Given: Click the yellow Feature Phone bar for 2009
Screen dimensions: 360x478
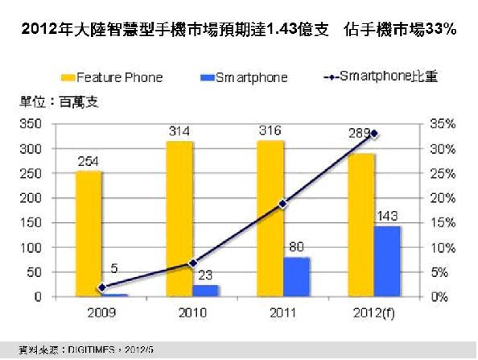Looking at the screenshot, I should tap(89, 234).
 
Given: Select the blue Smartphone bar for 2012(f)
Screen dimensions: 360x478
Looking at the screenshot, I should tap(387, 261).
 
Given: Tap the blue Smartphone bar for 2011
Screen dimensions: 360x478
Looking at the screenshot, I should tap(296, 277).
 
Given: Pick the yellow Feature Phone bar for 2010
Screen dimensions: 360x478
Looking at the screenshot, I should tap(179, 218).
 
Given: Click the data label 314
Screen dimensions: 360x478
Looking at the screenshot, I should tap(179, 131).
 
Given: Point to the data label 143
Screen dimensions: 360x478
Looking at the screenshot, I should tap(387, 216).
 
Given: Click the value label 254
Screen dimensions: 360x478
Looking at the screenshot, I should tap(89, 161).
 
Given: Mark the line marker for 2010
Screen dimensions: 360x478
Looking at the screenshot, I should tap(192, 263).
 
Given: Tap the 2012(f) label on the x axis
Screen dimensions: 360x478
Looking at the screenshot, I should tap(373, 312).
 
